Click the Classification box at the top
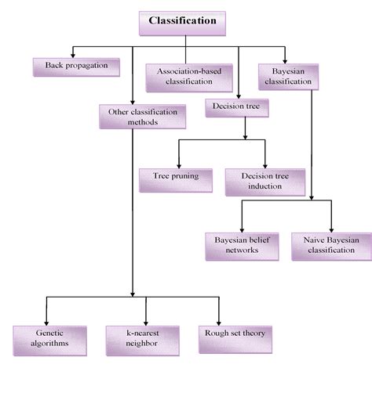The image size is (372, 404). pyautogui.click(x=182, y=23)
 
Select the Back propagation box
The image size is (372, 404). pyautogui.click(x=76, y=67)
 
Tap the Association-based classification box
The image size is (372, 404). pyautogui.click(x=189, y=78)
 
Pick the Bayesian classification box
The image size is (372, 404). pyautogui.click(x=288, y=77)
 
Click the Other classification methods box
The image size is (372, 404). pyautogui.click(x=143, y=117)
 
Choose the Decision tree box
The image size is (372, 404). pyautogui.click(x=237, y=108)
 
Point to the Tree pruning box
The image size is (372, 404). pyautogui.click(x=176, y=180)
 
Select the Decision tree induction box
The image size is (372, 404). pyautogui.click(x=265, y=182)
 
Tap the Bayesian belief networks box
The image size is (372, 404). pyautogui.click(x=242, y=247)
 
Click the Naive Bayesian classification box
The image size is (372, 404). pyautogui.click(x=331, y=247)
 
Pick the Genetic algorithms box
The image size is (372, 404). pyautogui.click(x=49, y=341)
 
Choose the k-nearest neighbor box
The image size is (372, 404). pyautogui.click(x=143, y=341)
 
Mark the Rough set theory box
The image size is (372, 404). pyautogui.click(x=235, y=340)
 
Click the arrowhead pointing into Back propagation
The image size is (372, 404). pyautogui.click(x=73, y=56)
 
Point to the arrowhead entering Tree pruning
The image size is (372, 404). pyautogui.click(x=179, y=166)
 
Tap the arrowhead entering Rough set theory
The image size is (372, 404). pyautogui.click(x=219, y=323)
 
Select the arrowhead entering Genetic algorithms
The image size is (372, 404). pyautogui.click(x=46, y=323)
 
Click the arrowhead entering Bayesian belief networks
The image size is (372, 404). pyautogui.click(x=242, y=230)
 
